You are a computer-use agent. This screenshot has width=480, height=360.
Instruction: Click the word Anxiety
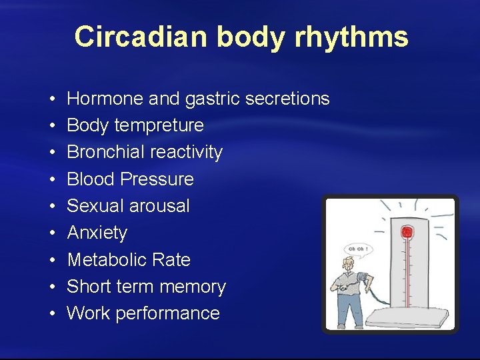click(97, 233)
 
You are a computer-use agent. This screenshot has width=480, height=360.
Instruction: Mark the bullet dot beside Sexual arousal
click(51, 206)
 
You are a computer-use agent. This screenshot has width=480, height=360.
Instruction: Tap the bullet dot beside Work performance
click(51, 313)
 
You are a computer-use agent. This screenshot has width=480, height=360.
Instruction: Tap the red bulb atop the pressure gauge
click(406, 233)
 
